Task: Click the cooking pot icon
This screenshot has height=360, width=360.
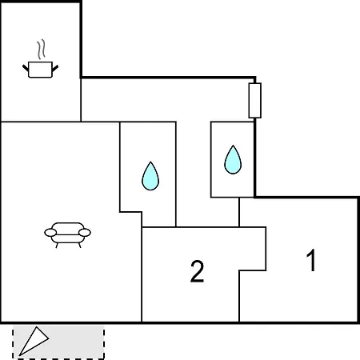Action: [40, 70]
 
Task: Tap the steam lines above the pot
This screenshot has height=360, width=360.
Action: [41, 50]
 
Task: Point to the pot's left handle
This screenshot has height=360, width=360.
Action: [26, 68]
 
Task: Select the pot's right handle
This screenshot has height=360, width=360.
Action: [55, 68]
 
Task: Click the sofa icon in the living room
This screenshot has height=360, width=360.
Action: [67, 235]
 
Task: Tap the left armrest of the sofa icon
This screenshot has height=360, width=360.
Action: [50, 233]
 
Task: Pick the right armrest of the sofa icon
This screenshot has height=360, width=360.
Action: [85, 233]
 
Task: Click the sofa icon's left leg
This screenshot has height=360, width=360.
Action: [57, 246]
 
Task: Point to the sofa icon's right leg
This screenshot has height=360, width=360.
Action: [79, 246]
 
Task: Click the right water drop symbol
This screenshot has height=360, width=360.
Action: [233, 160]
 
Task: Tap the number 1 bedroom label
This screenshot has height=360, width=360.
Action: [311, 260]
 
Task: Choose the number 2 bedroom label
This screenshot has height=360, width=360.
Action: [198, 271]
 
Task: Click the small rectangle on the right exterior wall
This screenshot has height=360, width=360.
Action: [255, 101]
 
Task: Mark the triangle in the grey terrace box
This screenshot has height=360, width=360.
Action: [34, 341]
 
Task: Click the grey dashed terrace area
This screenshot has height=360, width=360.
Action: [58, 342]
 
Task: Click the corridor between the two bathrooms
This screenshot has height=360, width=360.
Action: [194, 174]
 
